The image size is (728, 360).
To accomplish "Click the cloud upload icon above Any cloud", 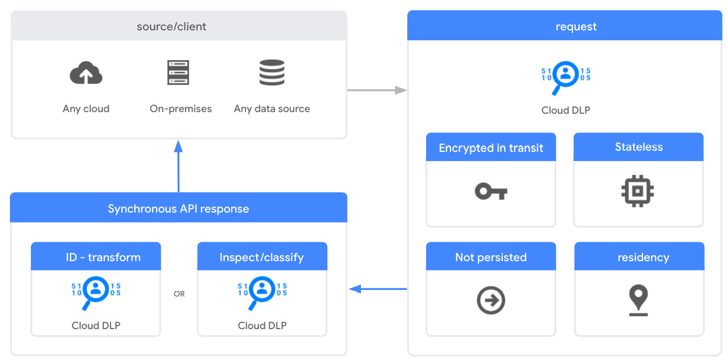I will [86, 73].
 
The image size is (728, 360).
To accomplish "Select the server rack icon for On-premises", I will [178, 72].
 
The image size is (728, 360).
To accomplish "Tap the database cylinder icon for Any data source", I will [272, 72].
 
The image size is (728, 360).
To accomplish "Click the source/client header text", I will [172, 27].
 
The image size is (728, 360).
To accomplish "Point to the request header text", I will [576, 27].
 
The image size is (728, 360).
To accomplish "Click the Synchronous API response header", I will [178, 209].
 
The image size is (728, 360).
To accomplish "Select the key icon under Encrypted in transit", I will [491, 192].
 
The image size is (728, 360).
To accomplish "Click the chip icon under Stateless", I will [637, 192].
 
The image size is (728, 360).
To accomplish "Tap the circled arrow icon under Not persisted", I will [491, 301].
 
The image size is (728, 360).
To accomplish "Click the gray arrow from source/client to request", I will [376, 90].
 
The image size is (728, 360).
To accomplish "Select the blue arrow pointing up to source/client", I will [178, 166].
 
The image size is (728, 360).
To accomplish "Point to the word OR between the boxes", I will [179, 294].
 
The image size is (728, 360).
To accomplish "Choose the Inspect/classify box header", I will [262, 257].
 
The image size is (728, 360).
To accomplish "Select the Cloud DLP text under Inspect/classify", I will [262, 325].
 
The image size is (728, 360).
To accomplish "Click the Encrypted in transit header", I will [491, 148].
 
